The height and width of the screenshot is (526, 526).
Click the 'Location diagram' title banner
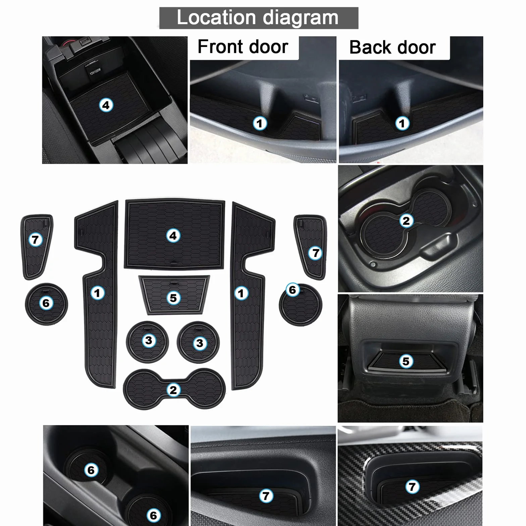[x=259, y=18]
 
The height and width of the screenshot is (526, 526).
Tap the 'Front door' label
[x=243, y=47]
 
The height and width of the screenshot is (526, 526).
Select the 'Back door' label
[x=392, y=47]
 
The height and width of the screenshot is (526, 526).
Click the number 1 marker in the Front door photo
[x=260, y=123]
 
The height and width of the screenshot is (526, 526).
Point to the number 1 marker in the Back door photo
[x=402, y=123]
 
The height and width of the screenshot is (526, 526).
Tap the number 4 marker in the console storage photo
[x=106, y=105]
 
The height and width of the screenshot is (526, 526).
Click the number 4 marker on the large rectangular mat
[x=173, y=235]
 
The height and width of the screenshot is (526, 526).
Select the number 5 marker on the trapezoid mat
[x=173, y=298]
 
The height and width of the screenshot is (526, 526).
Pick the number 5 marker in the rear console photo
[x=406, y=361]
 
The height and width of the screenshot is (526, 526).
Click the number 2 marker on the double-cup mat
[x=173, y=390]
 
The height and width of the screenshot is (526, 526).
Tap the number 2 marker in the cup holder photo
[x=406, y=221]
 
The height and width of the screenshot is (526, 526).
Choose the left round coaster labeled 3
[x=148, y=341]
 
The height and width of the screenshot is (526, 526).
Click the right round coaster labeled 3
[x=198, y=342]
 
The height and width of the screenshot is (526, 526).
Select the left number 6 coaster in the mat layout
[x=46, y=304]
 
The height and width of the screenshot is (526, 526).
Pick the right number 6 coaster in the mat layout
[x=300, y=304]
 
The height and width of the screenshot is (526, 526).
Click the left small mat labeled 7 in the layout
[x=36, y=247]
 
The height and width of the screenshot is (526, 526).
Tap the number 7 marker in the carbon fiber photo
[x=412, y=487]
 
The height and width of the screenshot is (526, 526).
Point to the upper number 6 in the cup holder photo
[x=91, y=470]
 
